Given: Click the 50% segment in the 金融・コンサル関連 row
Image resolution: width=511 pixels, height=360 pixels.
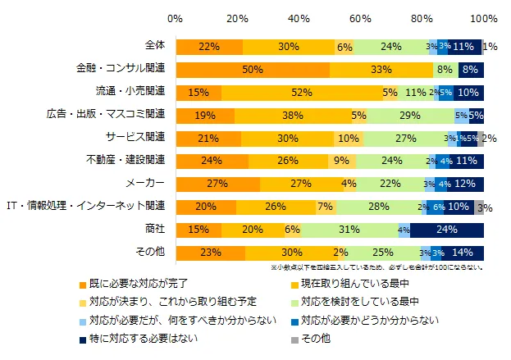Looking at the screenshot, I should (x=253, y=70).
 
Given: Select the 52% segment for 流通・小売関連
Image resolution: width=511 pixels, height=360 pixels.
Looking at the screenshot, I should (x=301, y=92).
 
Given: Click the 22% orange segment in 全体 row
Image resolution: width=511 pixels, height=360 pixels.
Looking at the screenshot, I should (x=209, y=47).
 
